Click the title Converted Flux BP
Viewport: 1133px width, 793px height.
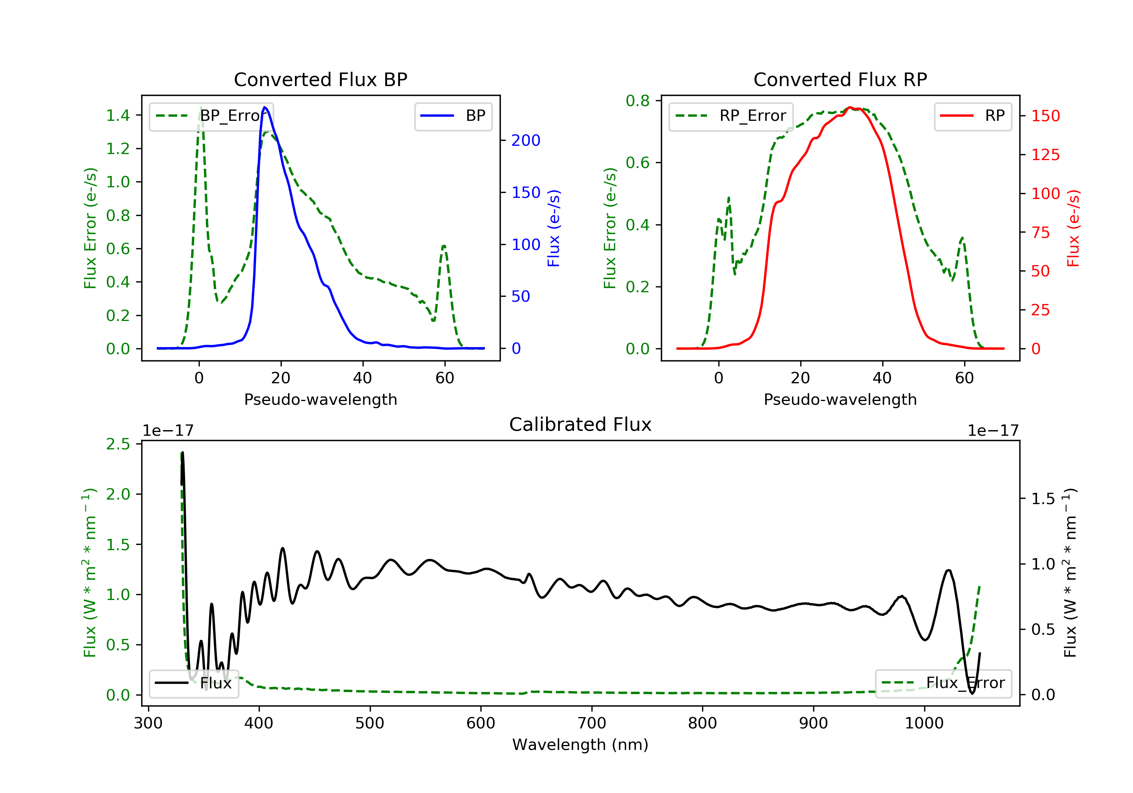(320, 79)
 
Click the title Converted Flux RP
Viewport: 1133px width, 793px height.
(840, 79)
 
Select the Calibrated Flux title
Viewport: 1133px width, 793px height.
(580, 424)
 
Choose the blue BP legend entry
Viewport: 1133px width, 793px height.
(453, 116)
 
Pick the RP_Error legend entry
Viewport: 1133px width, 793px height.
(731, 116)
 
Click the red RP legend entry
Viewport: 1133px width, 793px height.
(972, 116)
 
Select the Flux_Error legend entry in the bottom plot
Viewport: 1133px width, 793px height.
(943, 683)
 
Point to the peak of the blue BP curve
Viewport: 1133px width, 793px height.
(265, 107)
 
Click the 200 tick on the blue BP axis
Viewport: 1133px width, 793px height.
(526, 140)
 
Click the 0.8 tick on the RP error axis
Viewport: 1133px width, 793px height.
(638, 101)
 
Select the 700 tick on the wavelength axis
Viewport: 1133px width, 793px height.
(592, 723)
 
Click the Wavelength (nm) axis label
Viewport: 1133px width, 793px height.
(580, 745)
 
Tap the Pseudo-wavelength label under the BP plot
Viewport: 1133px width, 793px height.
(321, 399)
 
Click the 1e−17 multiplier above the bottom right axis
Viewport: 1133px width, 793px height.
(993, 431)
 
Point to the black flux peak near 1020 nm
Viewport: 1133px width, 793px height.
(948, 571)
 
